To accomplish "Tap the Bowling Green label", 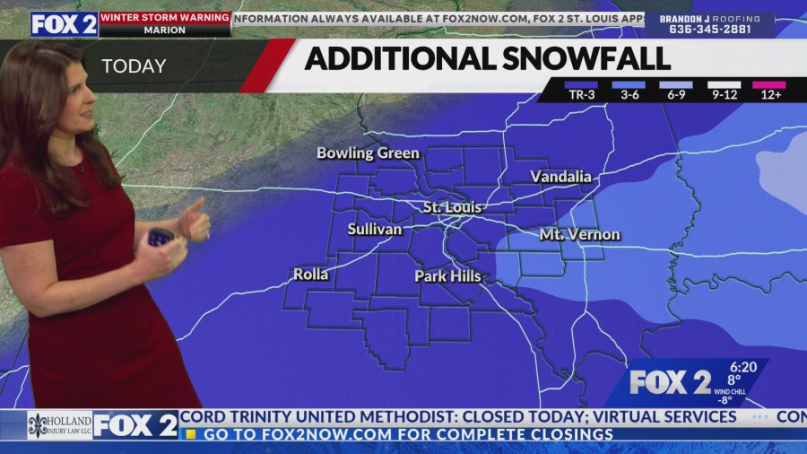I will coord(368,153).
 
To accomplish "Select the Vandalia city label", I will coord(560,177).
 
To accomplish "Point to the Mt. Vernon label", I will coord(579,234).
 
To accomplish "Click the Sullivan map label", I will coord(375,229).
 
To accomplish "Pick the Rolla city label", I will coord(310,274).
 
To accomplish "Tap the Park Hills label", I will coord(447,276).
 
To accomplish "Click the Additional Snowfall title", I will coord(487,58).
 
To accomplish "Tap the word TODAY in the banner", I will coord(134,66).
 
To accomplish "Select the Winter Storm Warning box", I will coord(164,23).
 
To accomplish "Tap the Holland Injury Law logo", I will coord(59,425).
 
